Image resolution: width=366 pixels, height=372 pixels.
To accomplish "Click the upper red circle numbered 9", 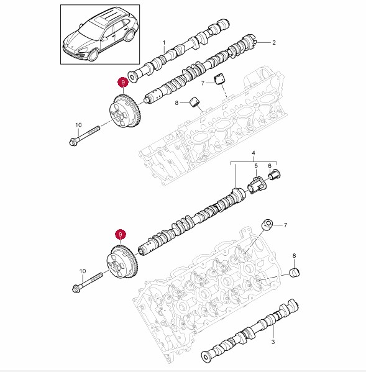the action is (x=123, y=83).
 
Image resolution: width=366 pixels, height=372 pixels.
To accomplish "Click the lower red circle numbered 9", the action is (x=121, y=234).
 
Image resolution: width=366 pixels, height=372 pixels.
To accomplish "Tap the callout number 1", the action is (x=164, y=43).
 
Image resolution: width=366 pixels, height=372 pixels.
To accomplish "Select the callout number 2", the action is (x=274, y=43).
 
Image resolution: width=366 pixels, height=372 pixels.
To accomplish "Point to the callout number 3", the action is (x=273, y=342).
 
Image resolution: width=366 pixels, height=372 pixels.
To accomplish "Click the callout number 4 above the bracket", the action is (x=254, y=153).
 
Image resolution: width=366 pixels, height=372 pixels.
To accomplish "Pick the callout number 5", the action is (x=256, y=166).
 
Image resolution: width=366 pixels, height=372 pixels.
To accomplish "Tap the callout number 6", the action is (x=270, y=166).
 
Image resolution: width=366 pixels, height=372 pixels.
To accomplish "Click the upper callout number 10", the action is (x=78, y=125).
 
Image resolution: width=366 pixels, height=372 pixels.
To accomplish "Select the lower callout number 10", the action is (x=83, y=271).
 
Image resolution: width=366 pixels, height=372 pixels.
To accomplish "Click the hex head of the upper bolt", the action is (x=73, y=142).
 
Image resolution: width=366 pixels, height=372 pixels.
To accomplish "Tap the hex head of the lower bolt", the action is (x=76, y=288).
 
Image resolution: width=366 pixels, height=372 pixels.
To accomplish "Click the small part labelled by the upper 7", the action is (x=219, y=78).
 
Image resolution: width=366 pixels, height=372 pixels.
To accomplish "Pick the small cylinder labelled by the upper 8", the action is (x=195, y=102).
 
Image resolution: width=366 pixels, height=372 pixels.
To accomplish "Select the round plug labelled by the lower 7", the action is (x=267, y=225).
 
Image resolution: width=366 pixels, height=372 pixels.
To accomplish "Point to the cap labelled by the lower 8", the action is (x=295, y=272).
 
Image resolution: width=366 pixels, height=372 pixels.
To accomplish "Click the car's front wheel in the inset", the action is (x=93, y=55).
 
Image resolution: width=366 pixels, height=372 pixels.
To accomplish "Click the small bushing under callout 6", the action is (x=275, y=175).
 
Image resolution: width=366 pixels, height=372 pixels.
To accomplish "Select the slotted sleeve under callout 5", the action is (x=257, y=185).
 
